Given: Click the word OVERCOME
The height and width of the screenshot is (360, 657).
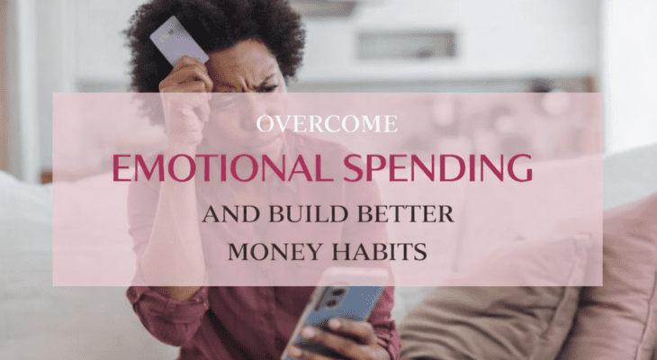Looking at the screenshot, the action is tap(327, 123).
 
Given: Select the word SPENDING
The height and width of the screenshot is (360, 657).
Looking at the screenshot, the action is tap(437, 167).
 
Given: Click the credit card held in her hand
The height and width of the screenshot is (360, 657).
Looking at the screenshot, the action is tap(178, 40).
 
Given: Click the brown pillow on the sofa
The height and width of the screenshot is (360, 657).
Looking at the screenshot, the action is tap(490, 322).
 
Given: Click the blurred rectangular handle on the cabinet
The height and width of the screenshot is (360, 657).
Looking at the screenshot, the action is tap(407, 44).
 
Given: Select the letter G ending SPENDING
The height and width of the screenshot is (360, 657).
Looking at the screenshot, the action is tap(519, 167).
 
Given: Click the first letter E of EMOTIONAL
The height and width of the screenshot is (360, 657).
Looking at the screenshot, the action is tap(121, 167).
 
